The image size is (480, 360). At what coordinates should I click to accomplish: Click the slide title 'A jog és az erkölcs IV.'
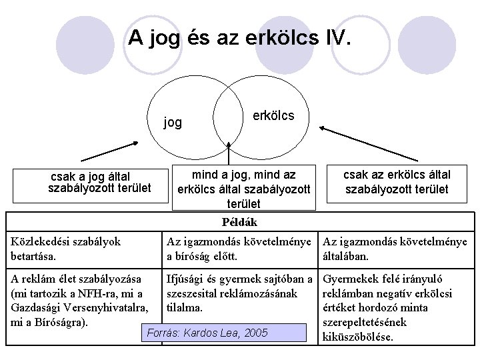click(x=239, y=37)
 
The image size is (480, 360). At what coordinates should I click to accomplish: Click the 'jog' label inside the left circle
click(x=173, y=122)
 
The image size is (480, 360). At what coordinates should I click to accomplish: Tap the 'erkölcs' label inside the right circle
click(x=273, y=115)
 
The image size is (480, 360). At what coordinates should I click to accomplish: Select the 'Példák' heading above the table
click(x=239, y=222)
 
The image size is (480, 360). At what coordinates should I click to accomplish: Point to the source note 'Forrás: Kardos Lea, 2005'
click(x=207, y=333)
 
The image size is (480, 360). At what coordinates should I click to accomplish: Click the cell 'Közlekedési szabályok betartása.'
click(x=66, y=248)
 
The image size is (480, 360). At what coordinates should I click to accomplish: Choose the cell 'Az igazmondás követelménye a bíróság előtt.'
click(x=239, y=248)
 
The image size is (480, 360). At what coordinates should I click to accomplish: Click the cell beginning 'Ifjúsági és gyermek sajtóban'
click(x=239, y=293)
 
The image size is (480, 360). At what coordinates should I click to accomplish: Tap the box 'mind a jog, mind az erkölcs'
click(x=243, y=187)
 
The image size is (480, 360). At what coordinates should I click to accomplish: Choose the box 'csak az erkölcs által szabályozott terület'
click(x=397, y=182)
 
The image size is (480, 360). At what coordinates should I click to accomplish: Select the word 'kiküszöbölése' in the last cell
click(x=357, y=336)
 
